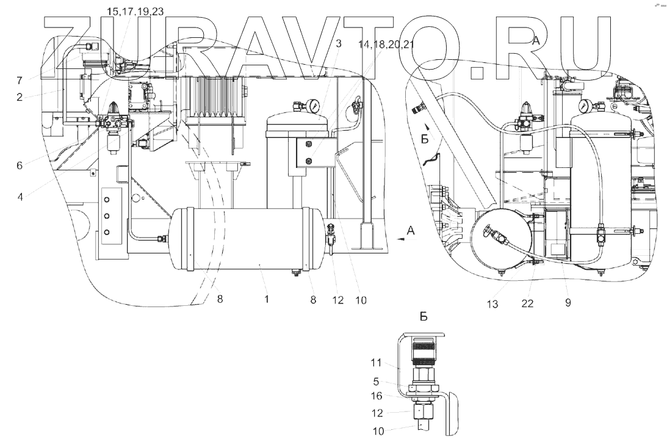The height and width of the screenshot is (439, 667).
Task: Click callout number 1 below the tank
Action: coord(267,300)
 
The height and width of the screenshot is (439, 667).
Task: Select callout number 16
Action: coord(377,395)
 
